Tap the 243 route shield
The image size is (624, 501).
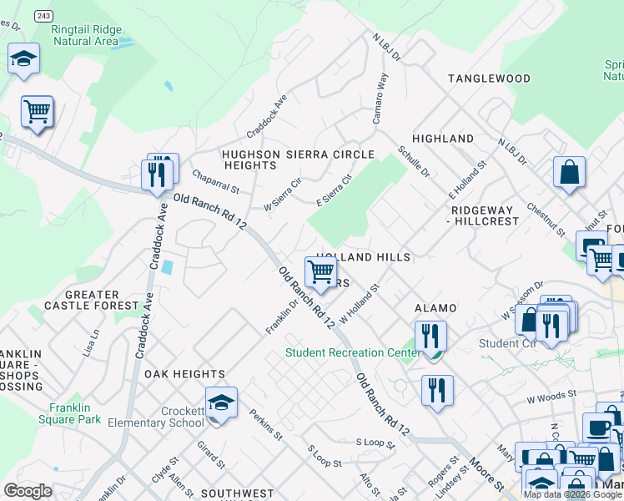[44, 16]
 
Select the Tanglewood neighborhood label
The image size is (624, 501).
[489, 78]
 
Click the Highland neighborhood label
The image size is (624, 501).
[443, 139]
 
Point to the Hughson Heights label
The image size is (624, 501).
[249, 160]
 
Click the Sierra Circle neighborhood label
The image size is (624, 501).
[330, 154]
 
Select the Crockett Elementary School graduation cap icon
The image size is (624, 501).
[221, 402]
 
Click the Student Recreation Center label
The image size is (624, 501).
[353, 352]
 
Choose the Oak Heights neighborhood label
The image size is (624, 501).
[184, 374]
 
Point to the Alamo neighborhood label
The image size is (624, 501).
[435, 308]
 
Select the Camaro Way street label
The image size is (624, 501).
[380, 99]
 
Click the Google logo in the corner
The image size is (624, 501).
[28, 491]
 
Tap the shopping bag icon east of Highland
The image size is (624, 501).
[569, 172]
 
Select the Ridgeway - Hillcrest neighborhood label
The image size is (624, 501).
[485, 215]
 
